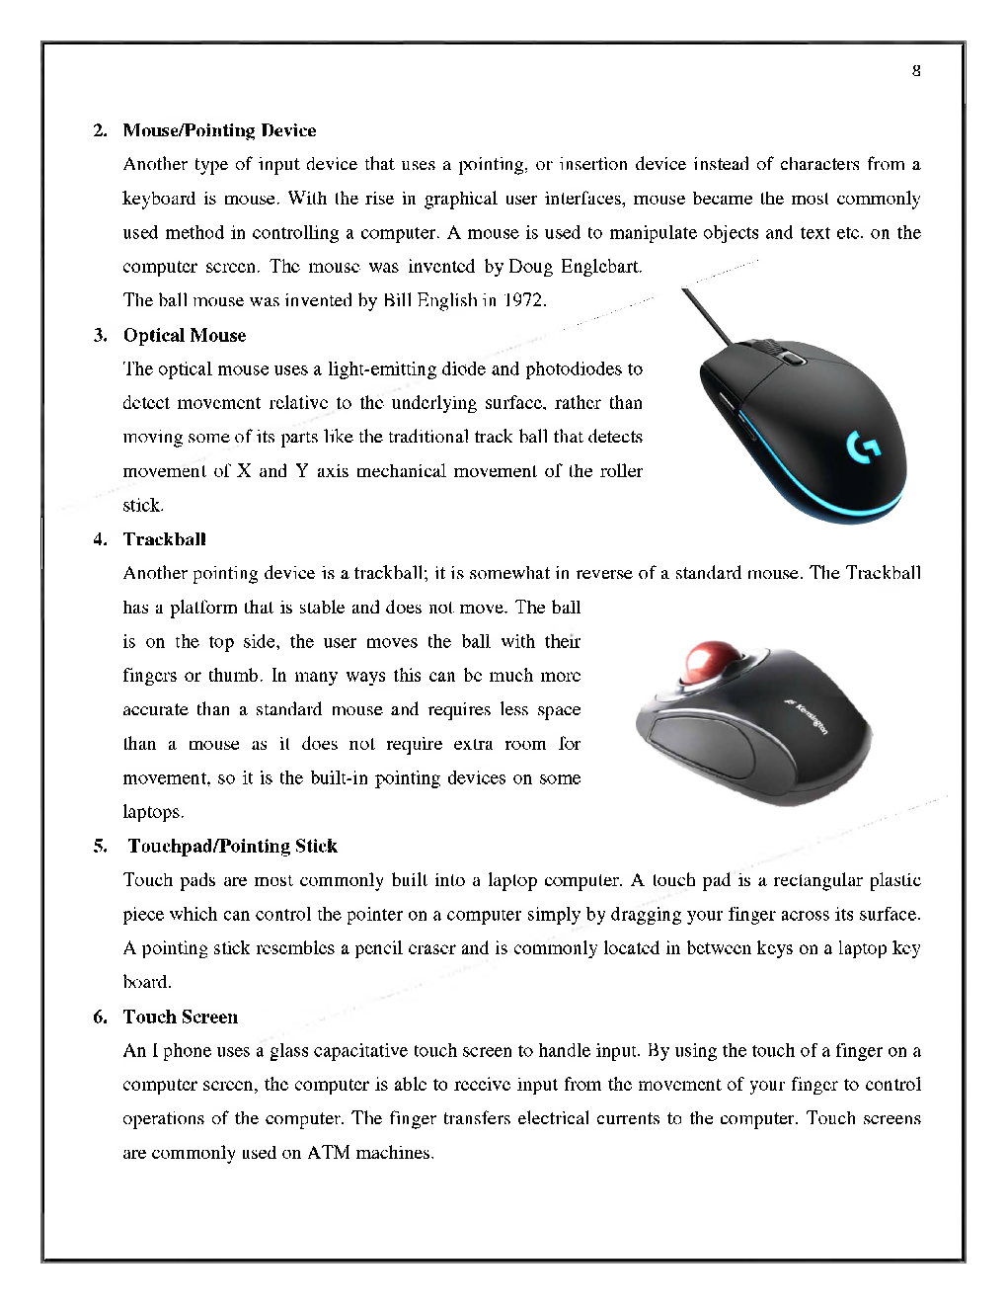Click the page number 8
point(916,70)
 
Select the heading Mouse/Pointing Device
point(219,130)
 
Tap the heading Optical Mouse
point(185,335)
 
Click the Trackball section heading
point(165,539)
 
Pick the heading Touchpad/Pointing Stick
point(232,846)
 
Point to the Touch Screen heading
point(181,1017)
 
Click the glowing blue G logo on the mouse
point(863,448)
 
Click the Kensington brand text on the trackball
point(809,716)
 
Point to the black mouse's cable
point(706,315)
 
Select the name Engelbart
point(601,267)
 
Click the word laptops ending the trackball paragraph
point(152,812)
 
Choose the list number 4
point(100,539)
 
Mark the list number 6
point(100,1017)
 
